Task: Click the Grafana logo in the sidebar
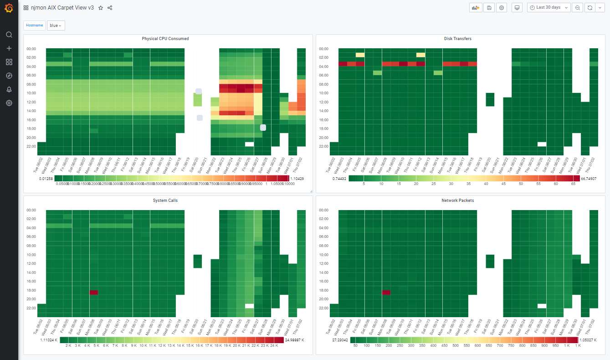9,8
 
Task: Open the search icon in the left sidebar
9,35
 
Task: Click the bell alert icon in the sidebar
9,89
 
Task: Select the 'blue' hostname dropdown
56,26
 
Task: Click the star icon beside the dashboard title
101,8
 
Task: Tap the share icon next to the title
110,8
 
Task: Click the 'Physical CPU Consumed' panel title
165,39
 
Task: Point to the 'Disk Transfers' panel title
457,39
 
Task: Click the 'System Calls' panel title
165,201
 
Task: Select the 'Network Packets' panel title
457,201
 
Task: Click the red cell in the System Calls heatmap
94,293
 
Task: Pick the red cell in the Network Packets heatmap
386,293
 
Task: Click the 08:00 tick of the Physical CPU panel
31,84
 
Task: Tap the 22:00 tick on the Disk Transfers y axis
323,146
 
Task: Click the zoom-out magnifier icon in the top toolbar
578,8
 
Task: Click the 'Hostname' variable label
35,26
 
